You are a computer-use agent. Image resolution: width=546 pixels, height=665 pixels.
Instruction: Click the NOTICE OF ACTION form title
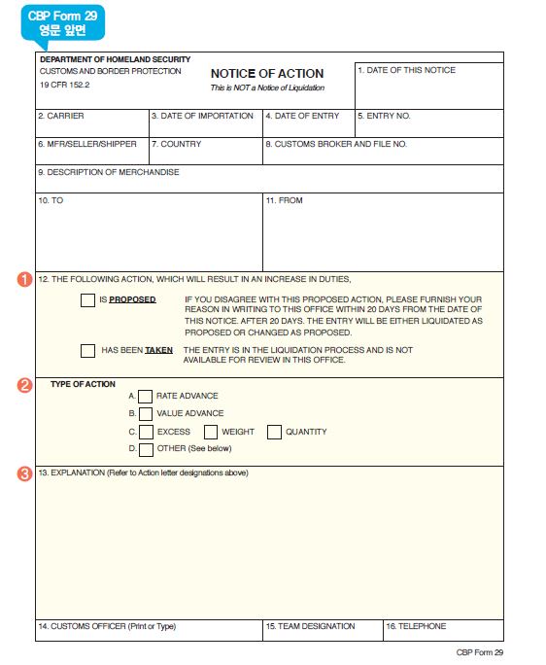click(x=267, y=74)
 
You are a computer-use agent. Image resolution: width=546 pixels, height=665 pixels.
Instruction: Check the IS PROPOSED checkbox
click(x=87, y=299)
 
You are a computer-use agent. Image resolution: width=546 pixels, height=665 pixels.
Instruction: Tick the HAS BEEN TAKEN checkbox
click(x=87, y=350)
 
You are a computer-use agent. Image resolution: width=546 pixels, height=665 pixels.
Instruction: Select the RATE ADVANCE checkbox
click(x=146, y=396)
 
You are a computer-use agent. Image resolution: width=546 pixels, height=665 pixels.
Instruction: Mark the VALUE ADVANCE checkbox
click(x=146, y=413)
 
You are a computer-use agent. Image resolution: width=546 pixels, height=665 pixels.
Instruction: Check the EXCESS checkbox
click(x=146, y=432)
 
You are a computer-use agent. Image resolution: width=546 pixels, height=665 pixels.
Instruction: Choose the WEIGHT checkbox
click(x=211, y=432)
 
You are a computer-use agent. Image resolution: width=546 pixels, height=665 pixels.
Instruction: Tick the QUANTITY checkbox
click(x=274, y=432)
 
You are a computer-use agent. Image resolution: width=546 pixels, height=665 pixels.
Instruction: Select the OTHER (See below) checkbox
click(x=146, y=449)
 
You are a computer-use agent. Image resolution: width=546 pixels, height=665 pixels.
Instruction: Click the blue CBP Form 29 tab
click(x=62, y=23)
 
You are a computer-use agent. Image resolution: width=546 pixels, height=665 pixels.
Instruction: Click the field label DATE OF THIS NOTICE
click(x=406, y=71)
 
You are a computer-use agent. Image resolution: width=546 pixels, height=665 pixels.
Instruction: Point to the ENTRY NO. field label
click(x=384, y=117)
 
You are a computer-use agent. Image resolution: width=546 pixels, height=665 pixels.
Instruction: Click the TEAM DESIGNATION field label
click(x=310, y=627)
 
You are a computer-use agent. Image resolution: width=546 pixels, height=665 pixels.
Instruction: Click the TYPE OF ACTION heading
click(x=83, y=384)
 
